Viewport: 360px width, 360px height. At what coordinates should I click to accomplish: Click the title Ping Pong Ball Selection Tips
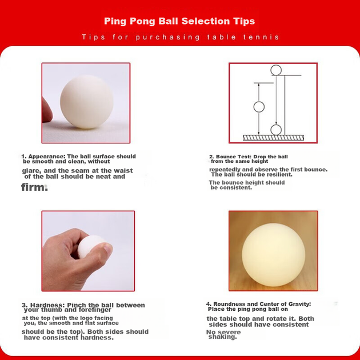click(x=179, y=21)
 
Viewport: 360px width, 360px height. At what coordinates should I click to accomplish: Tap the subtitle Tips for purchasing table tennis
click(x=181, y=37)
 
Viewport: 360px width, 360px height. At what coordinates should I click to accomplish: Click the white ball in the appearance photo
click(x=86, y=102)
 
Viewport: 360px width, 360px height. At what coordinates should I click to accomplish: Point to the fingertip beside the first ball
click(x=47, y=110)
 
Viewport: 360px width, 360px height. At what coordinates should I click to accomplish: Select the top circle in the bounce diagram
click(x=276, y=70)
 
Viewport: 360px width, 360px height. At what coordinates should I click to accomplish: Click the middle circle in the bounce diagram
click(x=259, y=107)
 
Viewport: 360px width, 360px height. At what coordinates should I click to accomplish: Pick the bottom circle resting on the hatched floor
click(x=276, y=130)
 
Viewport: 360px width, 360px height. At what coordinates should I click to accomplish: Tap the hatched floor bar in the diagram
click(x=274, y=138)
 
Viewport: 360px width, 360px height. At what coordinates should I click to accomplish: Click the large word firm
click(x=34, y=187)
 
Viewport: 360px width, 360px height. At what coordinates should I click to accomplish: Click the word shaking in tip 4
click(x=222, y=337)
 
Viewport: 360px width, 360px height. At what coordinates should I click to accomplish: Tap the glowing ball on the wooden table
click(x=274, y=255)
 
